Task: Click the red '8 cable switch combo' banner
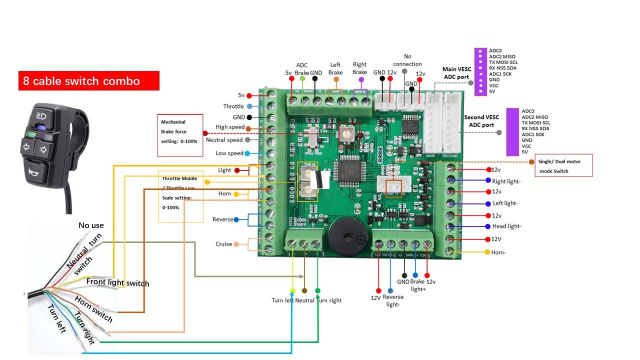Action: [x=88, y=81]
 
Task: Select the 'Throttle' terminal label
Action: [x=233, y=106]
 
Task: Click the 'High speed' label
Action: [x=230, y=127]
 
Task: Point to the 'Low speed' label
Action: [x=229, y=153]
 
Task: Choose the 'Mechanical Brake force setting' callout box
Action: [x=179, y=135]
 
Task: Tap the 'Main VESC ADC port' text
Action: [x=456, y=73]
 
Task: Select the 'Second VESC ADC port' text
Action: [x=481, y=121]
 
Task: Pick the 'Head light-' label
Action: [x=506, y=226]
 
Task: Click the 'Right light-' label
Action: [x=506, y=181]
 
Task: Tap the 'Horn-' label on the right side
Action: [x=498, y=252]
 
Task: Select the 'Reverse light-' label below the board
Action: [x=393, y=300]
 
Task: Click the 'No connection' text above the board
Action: [x=407, y=60]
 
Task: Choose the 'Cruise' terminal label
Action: [x=223, y=244]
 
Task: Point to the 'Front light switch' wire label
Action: [x=117, y=282]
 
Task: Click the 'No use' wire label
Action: [x=91, y=225]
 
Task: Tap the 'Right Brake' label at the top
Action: [x=359, y=68]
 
